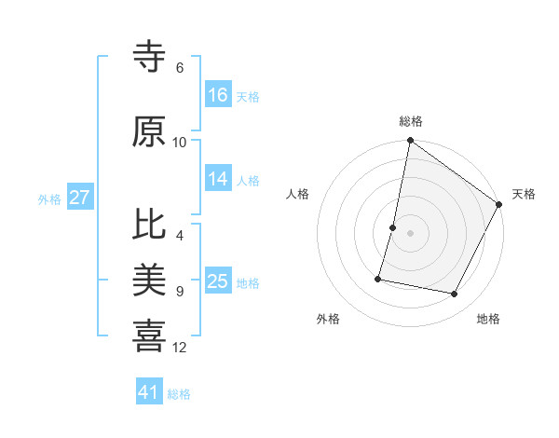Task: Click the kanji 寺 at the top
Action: (150, 58)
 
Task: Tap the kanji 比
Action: (150, 227)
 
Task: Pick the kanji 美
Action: (150, 280)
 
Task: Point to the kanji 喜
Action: (150, 334)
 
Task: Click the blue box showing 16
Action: (218, 95)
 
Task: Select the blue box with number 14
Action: (218, 180)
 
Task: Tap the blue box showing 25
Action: (218, 282)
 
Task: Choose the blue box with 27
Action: (80, 198)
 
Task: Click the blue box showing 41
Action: (149, 392)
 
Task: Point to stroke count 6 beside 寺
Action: (180, 68)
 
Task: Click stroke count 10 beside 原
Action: (180, 142)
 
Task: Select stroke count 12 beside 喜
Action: (180, 348)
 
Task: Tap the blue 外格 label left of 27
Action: (49, 198)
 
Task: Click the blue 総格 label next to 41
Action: (179, 394)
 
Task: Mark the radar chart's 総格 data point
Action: (410, 141)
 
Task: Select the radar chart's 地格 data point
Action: (455, 294)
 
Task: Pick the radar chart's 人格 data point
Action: (393, 227)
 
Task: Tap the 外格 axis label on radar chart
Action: (328, 319)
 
